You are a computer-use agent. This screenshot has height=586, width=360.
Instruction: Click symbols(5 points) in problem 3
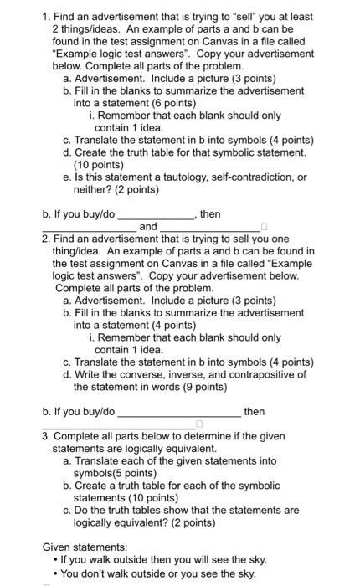point(120,473)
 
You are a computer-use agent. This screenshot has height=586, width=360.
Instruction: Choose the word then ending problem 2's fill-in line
point(255,411)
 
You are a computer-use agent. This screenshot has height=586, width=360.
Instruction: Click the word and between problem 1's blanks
point(147,226)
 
